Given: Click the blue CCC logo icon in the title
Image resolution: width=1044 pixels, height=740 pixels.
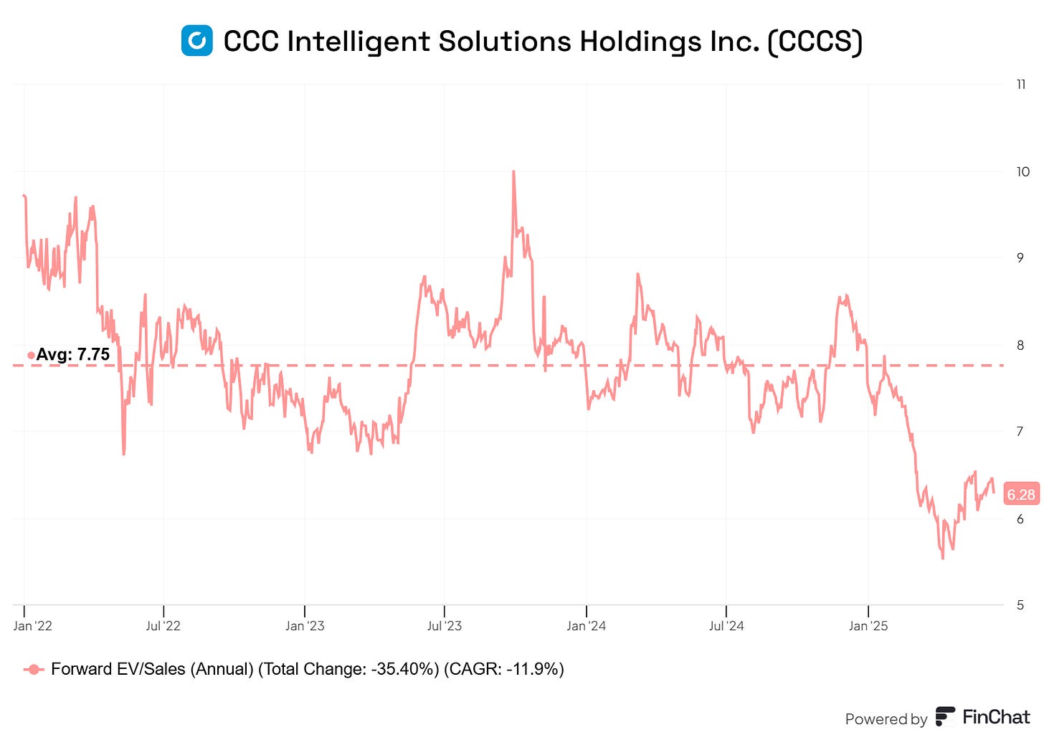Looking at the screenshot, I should pos(196,41).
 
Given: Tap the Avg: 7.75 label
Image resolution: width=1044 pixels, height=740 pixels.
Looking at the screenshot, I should pos(72,354).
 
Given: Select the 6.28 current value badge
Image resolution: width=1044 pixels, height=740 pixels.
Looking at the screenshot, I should pos(1020,494).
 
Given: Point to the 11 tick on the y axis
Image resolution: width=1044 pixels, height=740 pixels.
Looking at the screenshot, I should pos(1021,85).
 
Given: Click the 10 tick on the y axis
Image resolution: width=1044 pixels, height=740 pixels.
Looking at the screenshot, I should pos(1022,171).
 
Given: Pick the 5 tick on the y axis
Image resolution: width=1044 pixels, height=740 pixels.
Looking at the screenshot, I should pos(1020,605).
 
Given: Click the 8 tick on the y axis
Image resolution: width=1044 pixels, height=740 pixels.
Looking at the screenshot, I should pos(1020,345).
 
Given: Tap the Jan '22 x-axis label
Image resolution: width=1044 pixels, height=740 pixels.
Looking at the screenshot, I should pos(32,626).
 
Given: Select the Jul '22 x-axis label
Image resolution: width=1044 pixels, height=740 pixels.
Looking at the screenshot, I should pos(163,626).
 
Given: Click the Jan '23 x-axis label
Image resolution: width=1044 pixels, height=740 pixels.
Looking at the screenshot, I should pos(305,626).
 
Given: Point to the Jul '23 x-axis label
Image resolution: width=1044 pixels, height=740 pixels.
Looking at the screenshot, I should pos(445,626).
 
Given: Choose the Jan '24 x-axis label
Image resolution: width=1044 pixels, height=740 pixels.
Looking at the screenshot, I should pos(586,626).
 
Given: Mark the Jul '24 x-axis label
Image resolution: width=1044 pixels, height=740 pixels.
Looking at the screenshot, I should pos(726,626).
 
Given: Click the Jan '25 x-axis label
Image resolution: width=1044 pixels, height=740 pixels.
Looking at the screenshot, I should pos(868,626).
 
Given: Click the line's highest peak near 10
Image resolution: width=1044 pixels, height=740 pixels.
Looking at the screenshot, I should pos(513,172).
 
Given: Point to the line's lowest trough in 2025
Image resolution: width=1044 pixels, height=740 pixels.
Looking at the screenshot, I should pos(942,558).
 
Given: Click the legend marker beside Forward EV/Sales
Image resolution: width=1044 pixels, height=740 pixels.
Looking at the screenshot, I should pos(34,670).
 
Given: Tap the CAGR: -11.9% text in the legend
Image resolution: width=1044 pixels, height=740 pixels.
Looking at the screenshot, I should pos(503,670).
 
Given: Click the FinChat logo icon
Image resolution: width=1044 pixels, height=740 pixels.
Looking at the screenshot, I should pos(945,717).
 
